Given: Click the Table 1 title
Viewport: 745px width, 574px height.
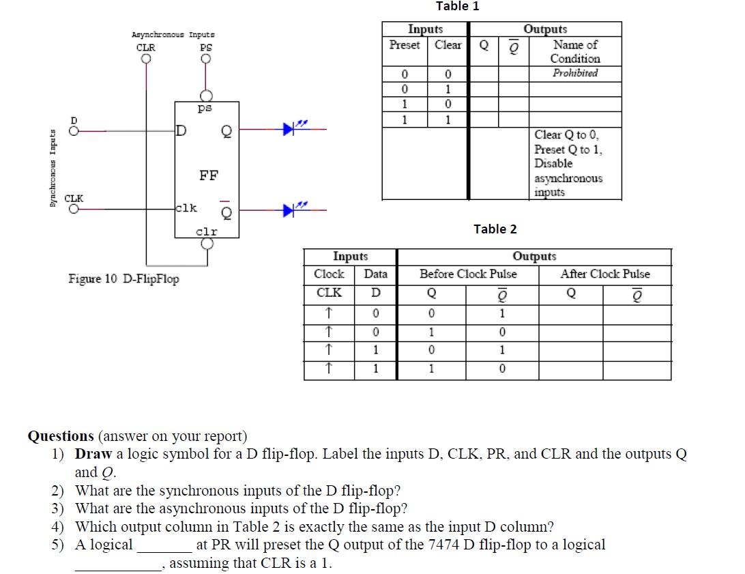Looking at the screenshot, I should (x=457, y=6).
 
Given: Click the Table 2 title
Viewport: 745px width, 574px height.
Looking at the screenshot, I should (x=495, y=229).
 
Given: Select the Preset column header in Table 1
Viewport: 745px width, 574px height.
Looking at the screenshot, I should (x=405, y=45).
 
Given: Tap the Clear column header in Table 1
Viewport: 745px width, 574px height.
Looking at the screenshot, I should (x=448, y=45).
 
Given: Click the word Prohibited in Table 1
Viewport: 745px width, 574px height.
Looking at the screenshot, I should (x=575, y=73).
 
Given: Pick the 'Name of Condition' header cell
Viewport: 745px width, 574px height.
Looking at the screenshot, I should (x=575, y=51).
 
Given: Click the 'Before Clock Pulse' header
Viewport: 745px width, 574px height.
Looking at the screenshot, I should (x=468, y=274).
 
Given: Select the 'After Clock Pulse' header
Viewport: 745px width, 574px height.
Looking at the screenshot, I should (x=605, y=274).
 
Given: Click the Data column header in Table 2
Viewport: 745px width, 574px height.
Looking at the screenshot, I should (x=375, y=274).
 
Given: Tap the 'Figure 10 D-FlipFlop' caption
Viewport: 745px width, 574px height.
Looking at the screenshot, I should (x=123, y=278).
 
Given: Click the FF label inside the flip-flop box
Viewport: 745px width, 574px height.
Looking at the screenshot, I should (x=208, y=175).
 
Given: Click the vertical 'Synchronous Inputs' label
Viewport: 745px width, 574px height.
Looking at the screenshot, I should (x=53, y=171).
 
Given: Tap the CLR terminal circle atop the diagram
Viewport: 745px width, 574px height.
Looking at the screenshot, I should (x=146, y=59).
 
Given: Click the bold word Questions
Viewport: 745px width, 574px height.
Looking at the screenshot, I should (x=61, y=436).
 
